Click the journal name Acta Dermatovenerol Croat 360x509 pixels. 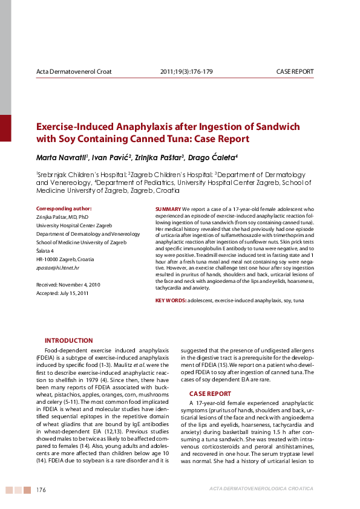pos(74,72)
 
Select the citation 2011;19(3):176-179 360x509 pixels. pos(186,72)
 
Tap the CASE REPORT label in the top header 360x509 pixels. pos(295,72)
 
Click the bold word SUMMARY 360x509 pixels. pos(168,209)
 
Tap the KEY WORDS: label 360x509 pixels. pos(171,300)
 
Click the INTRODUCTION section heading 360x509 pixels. pos(69,340)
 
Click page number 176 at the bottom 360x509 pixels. pos(41,489)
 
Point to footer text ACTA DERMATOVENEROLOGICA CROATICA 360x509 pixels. pos(261,488)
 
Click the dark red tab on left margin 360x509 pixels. pos(5,128)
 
